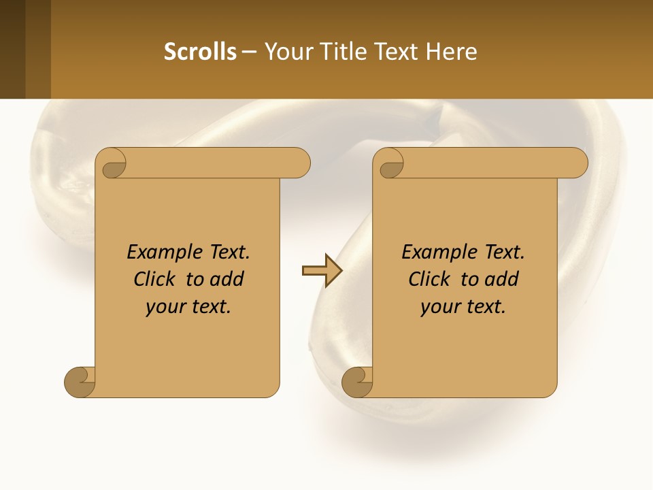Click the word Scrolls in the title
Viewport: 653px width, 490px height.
[x=200, y=52]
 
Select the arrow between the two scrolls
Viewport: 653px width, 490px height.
[x=322, y=272]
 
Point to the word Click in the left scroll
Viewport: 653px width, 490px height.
[x=157, y=279]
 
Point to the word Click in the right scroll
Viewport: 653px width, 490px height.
[x=432, y=279]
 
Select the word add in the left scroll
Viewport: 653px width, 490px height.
[x=227, y=279]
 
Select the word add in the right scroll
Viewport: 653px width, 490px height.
[x=502, y=279]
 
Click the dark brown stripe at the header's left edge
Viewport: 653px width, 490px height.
[x=12, y=50]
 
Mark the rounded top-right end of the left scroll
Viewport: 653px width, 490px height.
[x=297, y=163]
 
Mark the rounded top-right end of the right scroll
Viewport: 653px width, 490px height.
[x=575, y=163]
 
